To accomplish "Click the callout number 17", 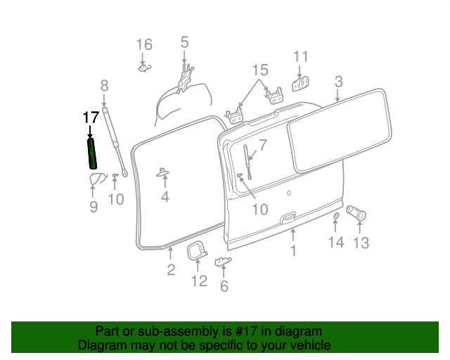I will click(91, 117).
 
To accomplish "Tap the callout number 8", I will click(104, 86).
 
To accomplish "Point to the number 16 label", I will click(143, 45).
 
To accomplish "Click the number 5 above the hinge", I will click(184, 42).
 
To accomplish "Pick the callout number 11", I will click(301, 56).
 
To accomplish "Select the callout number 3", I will click(338, 82).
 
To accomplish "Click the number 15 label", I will click(260, 70).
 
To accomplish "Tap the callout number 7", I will click(263, 146).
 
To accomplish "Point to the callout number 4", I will click(165, 198).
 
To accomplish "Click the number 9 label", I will click(93, 207).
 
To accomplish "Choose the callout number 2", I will click(171, 270).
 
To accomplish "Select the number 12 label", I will click(199, 281).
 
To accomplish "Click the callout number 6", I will click(224, 285).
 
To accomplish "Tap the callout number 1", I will click(293, 250).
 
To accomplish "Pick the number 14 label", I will click(336, 242).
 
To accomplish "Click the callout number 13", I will click(360, 243).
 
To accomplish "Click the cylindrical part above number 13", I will click(358, 212).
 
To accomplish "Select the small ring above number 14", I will click(336, 215).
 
